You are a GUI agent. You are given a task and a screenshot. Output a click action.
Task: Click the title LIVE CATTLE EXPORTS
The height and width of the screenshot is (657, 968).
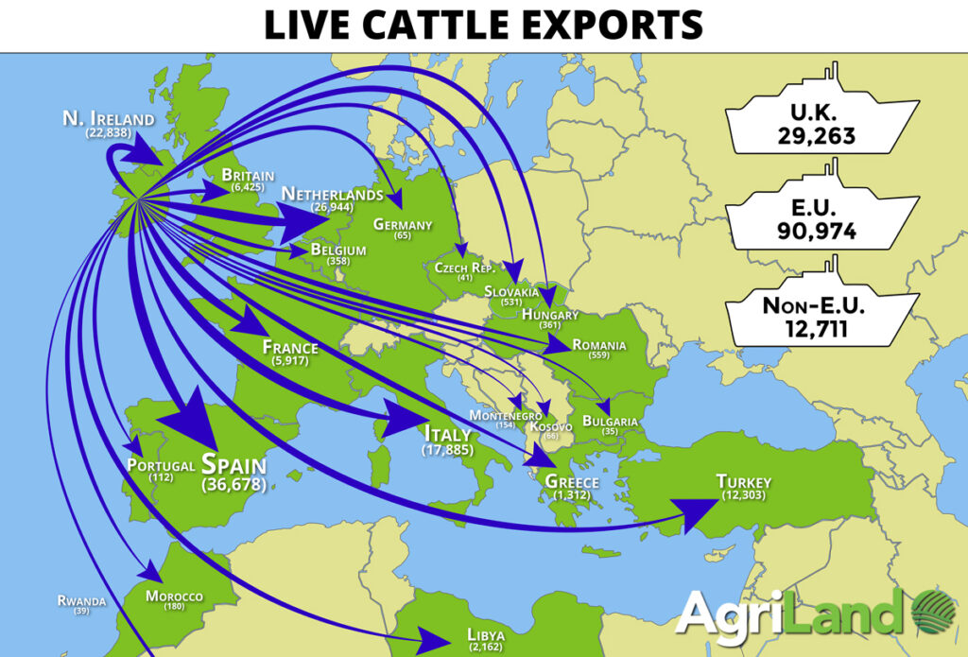[x=483, y=25]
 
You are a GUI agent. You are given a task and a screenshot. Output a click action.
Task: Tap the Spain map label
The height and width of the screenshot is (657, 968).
[x=233, y=465]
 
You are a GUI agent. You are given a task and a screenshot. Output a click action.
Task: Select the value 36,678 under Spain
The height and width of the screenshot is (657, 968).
[x=233, y=485]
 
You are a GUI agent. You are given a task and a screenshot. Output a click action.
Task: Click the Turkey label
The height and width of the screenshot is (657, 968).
[x=744, y=481]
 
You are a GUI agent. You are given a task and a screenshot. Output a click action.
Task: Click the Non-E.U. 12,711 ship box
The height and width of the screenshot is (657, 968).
[x=820, y=317]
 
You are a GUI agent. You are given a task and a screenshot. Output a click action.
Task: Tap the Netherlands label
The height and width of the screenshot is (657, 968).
[x=332, y=195]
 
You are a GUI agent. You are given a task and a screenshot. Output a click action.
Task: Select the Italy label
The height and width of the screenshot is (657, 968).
[x=446, y=435]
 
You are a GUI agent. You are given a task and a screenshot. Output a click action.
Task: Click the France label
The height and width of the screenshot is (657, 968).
[x=290, y=347]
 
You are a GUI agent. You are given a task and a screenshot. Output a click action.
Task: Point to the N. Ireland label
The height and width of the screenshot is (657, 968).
[x=108, y=119]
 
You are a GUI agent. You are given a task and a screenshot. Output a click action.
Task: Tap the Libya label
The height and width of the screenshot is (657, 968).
[x=486, y=633]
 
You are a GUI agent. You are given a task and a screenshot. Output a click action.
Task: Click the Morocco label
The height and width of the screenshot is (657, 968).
[x=174, y=596]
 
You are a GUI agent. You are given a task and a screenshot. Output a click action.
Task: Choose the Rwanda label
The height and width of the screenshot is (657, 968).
[x=81, y=600]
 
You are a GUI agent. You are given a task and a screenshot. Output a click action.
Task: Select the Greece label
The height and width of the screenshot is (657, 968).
[x=572, y=482]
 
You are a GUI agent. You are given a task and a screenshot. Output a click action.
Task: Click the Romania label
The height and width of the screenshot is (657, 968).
[x=599, y=346]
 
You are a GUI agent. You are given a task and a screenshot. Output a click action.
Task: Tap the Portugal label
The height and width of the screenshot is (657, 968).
[x=161, y=465]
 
